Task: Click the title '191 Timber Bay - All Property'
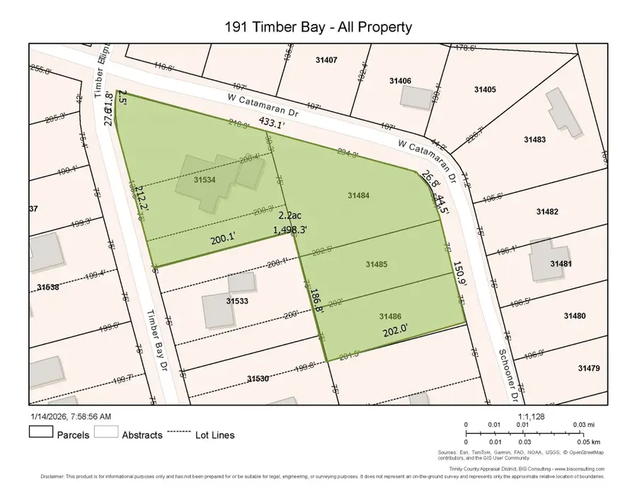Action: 318,28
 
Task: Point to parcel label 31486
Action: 391,316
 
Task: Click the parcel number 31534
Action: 205,180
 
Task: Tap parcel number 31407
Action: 327,61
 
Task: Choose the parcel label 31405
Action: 485,89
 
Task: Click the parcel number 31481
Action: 561,263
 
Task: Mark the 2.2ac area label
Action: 289,216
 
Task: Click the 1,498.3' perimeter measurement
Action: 292,229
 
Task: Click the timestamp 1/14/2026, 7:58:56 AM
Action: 70,416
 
